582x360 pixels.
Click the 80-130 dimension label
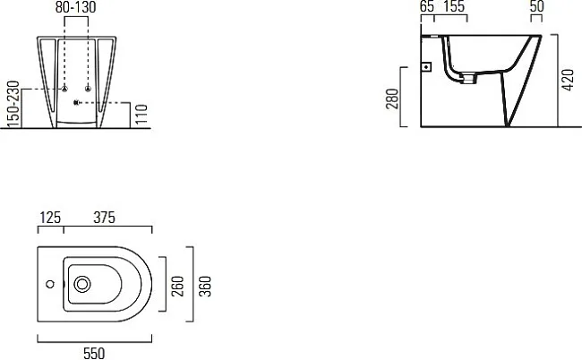coord(76,7)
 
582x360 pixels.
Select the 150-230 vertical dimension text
coord(13,104)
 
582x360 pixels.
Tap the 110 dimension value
coord(141,114)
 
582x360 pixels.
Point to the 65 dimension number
coord(427,6)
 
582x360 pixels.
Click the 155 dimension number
coord(454,6)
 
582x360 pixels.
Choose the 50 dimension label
coord(536,6)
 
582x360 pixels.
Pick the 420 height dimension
coord(568,80)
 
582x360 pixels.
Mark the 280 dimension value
coord(392,99)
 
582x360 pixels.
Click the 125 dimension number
coord(50,218)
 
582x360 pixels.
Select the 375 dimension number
coord(104,218)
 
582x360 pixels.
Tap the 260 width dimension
coord(178,287)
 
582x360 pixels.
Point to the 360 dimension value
coord(205,287)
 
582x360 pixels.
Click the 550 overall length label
coord(94,354)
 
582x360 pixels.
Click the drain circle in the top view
coord(82,284)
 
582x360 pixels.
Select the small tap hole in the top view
coord(50,284)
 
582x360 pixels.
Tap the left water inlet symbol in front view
coord(64,89)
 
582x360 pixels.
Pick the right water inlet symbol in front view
coord(88,89)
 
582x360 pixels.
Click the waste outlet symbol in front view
coord(76,102)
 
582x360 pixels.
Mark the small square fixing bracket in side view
coord(427,67)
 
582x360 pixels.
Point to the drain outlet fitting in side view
coord(469,78)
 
